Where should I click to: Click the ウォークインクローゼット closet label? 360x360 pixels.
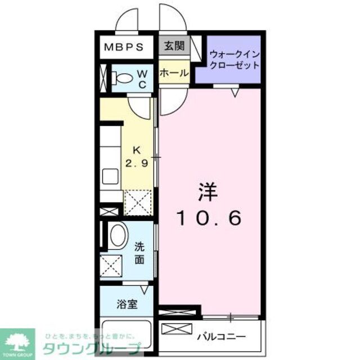pyautogui.click(x=234, y=60)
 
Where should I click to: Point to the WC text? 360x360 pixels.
pyautogui.click(x=142, y=79)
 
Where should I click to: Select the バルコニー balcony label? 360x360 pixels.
pyautogui.click(x=222, y=337)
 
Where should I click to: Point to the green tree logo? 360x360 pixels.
pyautogui.click(x=17, y=341)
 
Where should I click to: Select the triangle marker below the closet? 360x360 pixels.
pyautogui.click(x=235, y=92)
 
